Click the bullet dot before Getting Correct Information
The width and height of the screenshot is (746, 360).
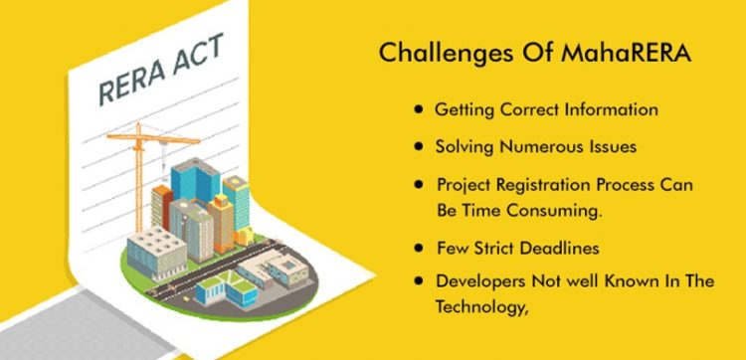(421, 108)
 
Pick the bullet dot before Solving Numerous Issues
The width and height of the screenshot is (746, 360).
(421, 145)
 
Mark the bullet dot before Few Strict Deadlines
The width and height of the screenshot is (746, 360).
(421, 245)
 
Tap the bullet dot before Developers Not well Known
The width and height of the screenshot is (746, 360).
(421, 281)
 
